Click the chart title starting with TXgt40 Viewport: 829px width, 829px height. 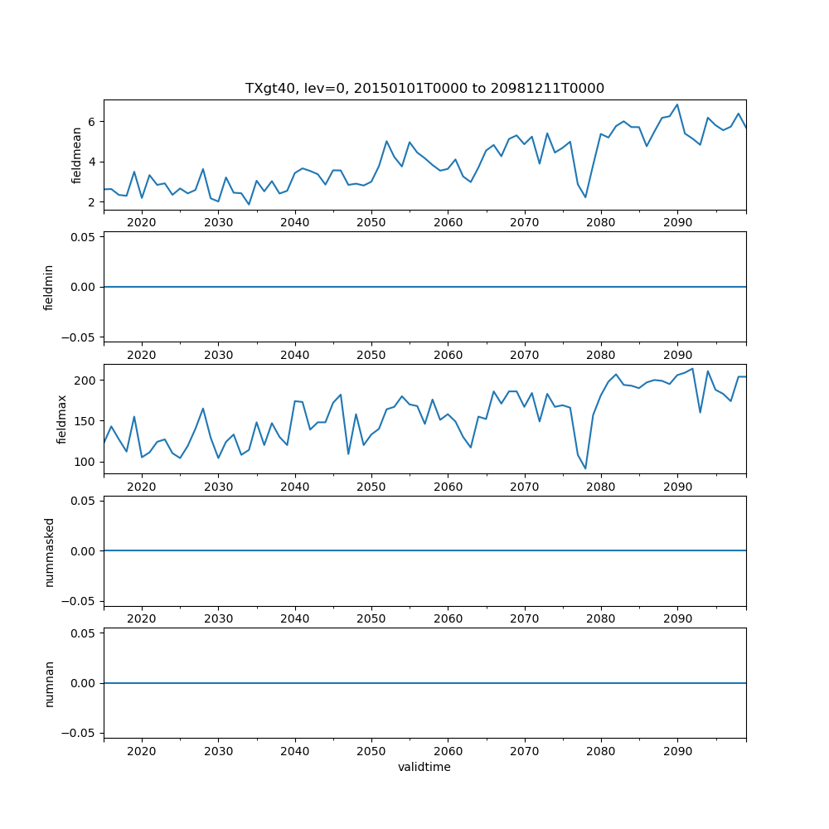click(x=424, y=88)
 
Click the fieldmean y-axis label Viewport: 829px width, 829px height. click(x=77, y=155)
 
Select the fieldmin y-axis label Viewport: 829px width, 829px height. click(x=49, y=287)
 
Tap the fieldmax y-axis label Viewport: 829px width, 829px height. click(x=62, y=419)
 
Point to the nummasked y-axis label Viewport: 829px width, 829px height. click(x=49, y=550)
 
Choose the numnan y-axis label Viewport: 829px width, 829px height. click(x=49, y=683)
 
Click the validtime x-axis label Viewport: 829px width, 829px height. click(x=424, y=767)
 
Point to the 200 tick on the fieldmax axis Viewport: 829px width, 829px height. click(x=86, y=381)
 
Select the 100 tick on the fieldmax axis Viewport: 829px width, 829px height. click(x=86, y=462)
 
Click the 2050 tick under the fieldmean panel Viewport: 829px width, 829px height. click(x=371, y=223)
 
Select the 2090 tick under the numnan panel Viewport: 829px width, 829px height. click(x=677, y=751)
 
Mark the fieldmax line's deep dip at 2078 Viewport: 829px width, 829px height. click(x=585, y=468)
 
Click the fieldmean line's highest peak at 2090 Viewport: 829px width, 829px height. click(x=677, y=104)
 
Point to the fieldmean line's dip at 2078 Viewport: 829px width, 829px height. click(x=585, y=197)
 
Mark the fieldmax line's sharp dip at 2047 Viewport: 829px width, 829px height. click(x=348, y=453)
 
